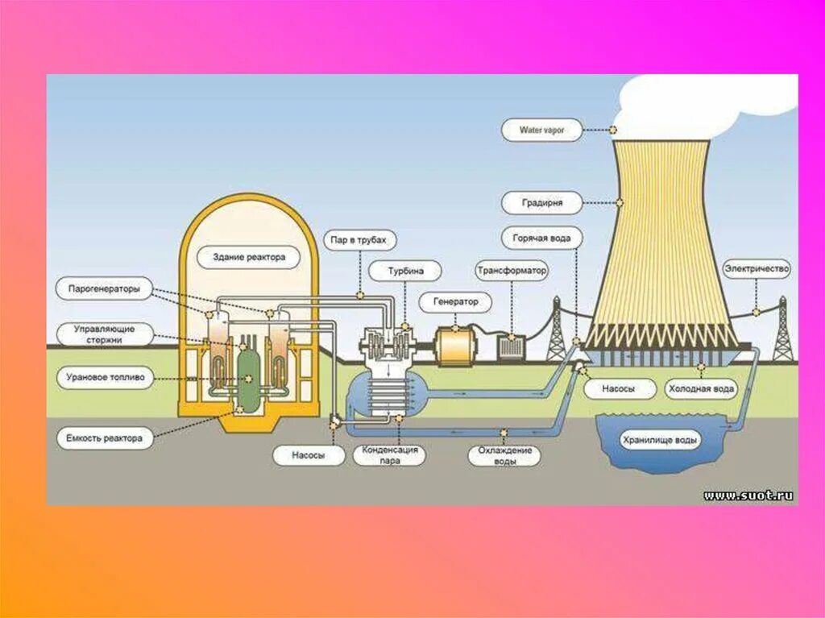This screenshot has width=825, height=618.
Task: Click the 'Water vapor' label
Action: point(541,130)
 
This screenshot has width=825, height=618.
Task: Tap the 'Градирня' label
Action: point(541,202)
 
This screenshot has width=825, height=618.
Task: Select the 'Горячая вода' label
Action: point(541,238)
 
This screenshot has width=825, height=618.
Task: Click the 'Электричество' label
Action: point(757,268)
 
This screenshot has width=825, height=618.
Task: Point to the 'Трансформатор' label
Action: point(511,271)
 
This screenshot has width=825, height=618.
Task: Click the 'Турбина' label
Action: point(405,271)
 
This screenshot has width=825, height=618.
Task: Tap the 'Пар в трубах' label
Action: point(361,240)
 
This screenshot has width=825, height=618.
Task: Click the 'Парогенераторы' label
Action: point(104,288)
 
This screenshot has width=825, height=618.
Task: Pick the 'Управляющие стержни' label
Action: point(104,334)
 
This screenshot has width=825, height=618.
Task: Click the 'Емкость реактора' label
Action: point(105,438)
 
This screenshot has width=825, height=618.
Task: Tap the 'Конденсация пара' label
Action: point(390,455)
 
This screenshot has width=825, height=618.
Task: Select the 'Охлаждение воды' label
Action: point(504,456)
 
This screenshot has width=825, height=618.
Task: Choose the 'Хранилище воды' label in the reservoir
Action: point(660,441)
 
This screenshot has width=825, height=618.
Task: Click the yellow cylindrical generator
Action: point(457,346)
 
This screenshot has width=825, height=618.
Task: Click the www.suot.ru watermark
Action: point(748,496)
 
